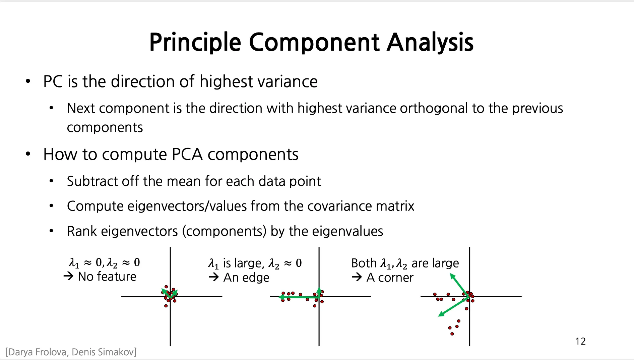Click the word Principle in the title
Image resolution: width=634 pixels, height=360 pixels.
click(x=195, y=43)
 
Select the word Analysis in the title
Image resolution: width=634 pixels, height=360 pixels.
click(x=430, y=43)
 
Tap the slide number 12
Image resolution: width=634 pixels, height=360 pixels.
click(x=580, y=341)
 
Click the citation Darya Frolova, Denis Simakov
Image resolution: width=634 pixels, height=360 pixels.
click(x=71, y=352)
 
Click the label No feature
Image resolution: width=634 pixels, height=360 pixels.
click(x=107, y=277)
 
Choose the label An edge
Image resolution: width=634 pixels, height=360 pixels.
click(x=246, y=278)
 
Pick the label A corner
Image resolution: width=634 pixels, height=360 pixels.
click(x=390, y=278)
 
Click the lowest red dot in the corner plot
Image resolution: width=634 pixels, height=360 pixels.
click(x=452, y=334)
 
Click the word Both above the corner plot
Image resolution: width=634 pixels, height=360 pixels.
click(x=364, y=263)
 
